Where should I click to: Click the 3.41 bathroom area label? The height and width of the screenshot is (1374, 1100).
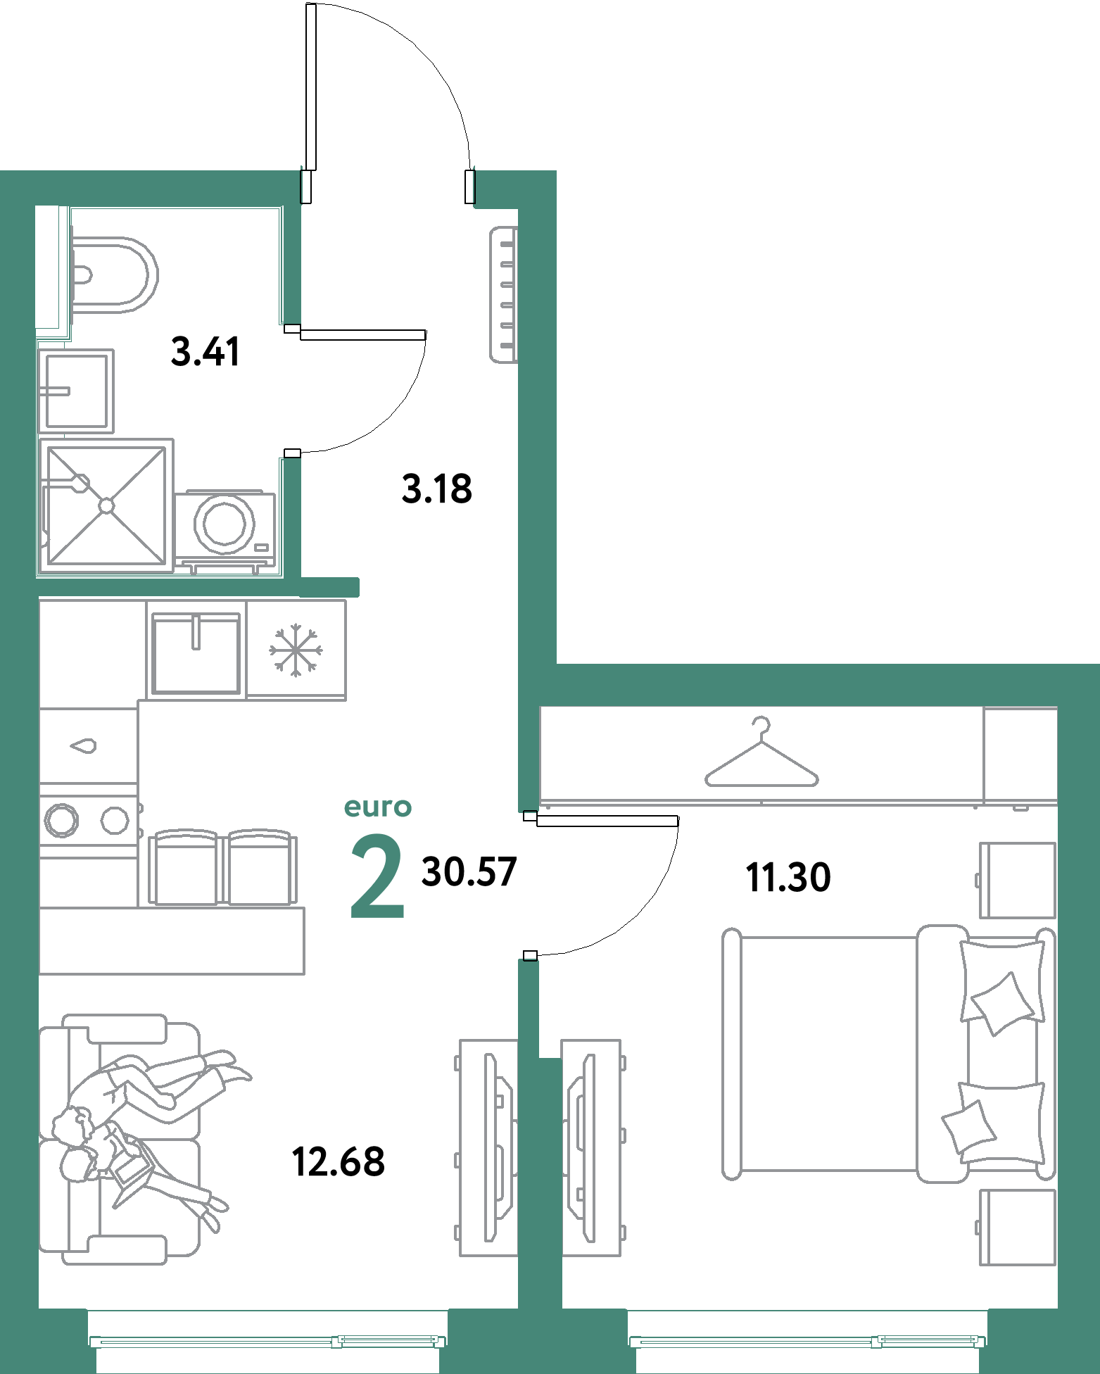205,352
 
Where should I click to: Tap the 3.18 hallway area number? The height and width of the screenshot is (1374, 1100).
436,489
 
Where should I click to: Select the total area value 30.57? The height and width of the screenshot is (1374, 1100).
469,871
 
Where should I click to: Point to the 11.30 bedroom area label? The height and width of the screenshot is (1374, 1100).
788,878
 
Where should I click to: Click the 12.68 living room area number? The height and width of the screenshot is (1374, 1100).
338,1162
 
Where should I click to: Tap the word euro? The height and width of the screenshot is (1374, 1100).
378,807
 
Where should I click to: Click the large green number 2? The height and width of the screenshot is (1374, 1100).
377,876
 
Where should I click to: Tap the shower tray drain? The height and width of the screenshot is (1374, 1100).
106,505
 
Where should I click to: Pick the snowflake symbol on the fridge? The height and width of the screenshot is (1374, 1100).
296,650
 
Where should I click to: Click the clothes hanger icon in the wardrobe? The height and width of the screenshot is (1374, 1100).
761,752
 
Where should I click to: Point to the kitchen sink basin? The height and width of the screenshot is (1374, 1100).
196,653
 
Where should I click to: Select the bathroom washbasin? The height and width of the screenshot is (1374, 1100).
76,391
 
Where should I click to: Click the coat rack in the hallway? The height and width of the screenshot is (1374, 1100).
504,294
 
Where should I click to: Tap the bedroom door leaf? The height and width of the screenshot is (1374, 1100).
607,821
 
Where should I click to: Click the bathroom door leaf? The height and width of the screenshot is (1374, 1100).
363,334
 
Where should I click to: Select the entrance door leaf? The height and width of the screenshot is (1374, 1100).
311,87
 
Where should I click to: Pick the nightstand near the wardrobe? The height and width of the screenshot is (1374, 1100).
1018,880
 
